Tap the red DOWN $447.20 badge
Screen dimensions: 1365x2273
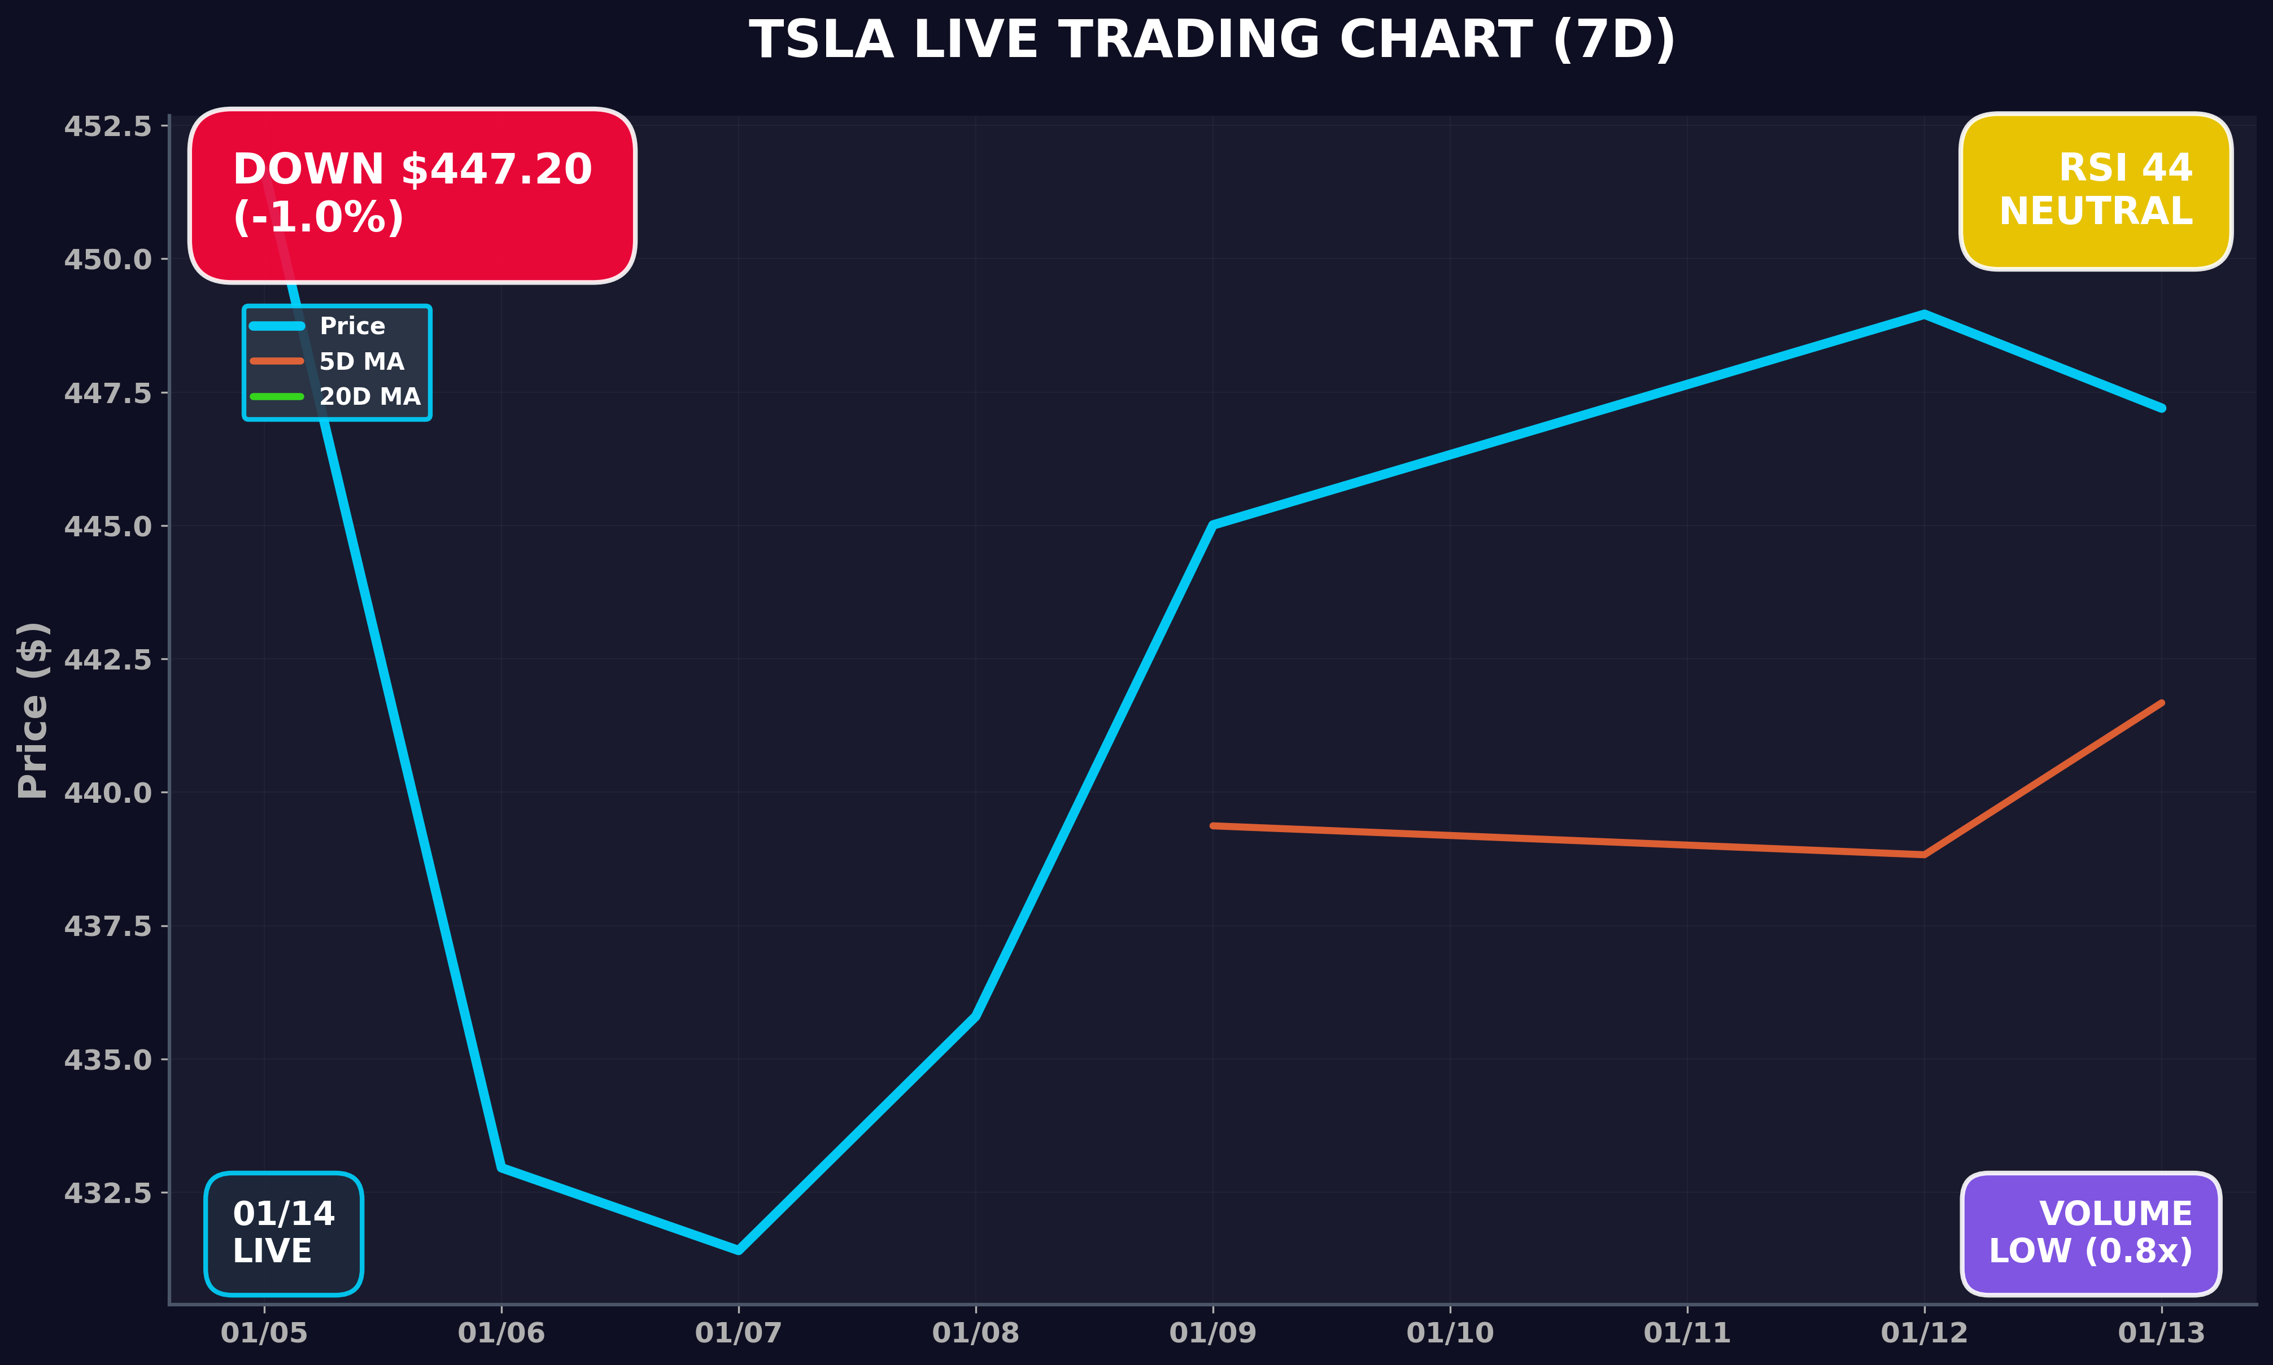click(412, 195)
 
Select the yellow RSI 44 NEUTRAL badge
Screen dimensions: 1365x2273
click(2096, 191)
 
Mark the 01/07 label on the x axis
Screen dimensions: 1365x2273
click(738, 1333)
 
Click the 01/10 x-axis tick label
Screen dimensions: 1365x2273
click(1450, 1333)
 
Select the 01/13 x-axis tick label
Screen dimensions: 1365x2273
click(2162, 1333)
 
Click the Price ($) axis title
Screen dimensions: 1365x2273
click(33, 710)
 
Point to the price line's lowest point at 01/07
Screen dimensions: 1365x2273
click(738, 1249)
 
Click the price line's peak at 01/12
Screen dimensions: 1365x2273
click(1925, 314)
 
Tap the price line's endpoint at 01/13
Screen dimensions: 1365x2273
click(2162, 408)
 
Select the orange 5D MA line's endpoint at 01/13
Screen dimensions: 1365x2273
click(2162, 703)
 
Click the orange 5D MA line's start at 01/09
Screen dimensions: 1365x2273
click(1214, 826)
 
